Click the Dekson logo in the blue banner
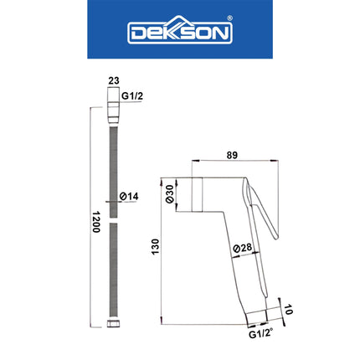(x=179, y=33)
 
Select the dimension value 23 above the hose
(x=114, y=81)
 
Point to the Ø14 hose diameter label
(x=128, y=196)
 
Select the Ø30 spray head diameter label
(x=171, y=193)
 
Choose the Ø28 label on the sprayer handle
(x=242, y=248)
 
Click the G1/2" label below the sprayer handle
(x=260, y=333)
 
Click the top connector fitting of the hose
(x=114, y=110)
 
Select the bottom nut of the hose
(x=114, y=323)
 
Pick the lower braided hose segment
(x=114, y=268)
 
